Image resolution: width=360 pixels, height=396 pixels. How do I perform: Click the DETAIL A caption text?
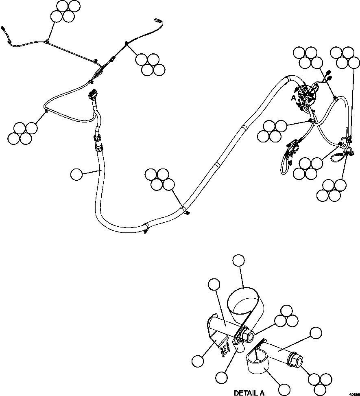pyautogui.click(x=249, y=393)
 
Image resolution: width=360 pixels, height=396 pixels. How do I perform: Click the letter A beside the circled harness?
pyautogui.click(x=292, y=98)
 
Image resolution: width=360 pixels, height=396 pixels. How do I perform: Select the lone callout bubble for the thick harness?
pyautogui.click(x=76, y=175)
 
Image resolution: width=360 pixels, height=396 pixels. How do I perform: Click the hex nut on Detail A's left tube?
pyautogui.click(x=247, y=336)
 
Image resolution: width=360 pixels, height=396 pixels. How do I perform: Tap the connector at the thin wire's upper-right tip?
pyautogui.click(x=157, y=20)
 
